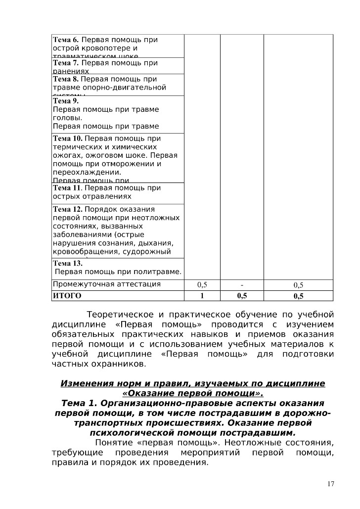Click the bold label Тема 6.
click(66, 40)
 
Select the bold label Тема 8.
click(66, 79)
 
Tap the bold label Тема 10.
click(68, 139)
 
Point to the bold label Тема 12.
click(68, 209)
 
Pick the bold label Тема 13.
click(68, 264)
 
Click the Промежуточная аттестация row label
click(106, 284)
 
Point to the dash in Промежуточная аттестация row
click(242, 284)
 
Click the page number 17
click(331, 483)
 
